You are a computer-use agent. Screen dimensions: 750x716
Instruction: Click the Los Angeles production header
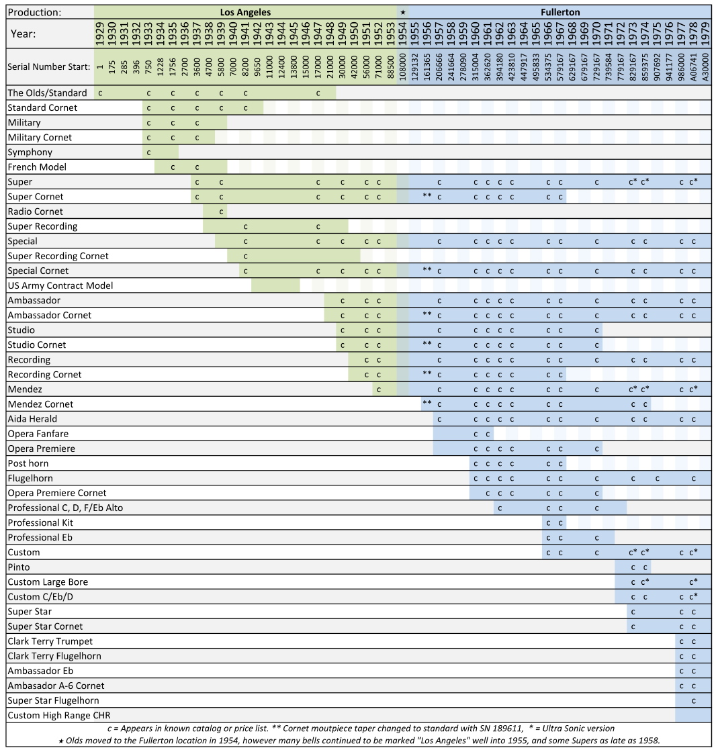pyautogui.click(x=245, y=12)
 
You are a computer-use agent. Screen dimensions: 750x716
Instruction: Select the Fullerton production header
pyautogui.click(x=560, y=12)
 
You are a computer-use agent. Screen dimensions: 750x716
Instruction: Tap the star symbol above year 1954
pyautogui.click(x=402, y=12)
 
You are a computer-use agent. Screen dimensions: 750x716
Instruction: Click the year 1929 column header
pyautogui.click(x=99, y=33)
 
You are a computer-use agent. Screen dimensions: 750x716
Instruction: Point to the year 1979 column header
pyautogui.click(x=705, y=33)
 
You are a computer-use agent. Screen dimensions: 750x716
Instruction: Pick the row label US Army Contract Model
pyautogui.click(x=60, y=285)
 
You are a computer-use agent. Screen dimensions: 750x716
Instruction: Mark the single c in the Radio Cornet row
pyautogui.click(x=221, y=212)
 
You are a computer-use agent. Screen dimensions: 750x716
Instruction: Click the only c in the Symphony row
pyautogui.click(x=148, y=152)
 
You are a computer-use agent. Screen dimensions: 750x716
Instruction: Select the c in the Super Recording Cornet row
pyautogui.click(x=245, y=256)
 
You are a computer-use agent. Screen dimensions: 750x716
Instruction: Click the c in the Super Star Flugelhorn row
pyautogui.click(x=693, y=700)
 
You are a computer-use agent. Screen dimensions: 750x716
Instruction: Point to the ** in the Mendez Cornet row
pyautogui.click(x=427, y=404)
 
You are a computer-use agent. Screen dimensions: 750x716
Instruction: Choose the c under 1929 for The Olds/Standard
pyautogui.click(x=100, y=93)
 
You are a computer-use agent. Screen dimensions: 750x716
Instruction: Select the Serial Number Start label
pyautogui.click(x=48, y=67)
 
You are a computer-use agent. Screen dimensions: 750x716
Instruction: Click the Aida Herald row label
pyautogui.click(x=32, y=419)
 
